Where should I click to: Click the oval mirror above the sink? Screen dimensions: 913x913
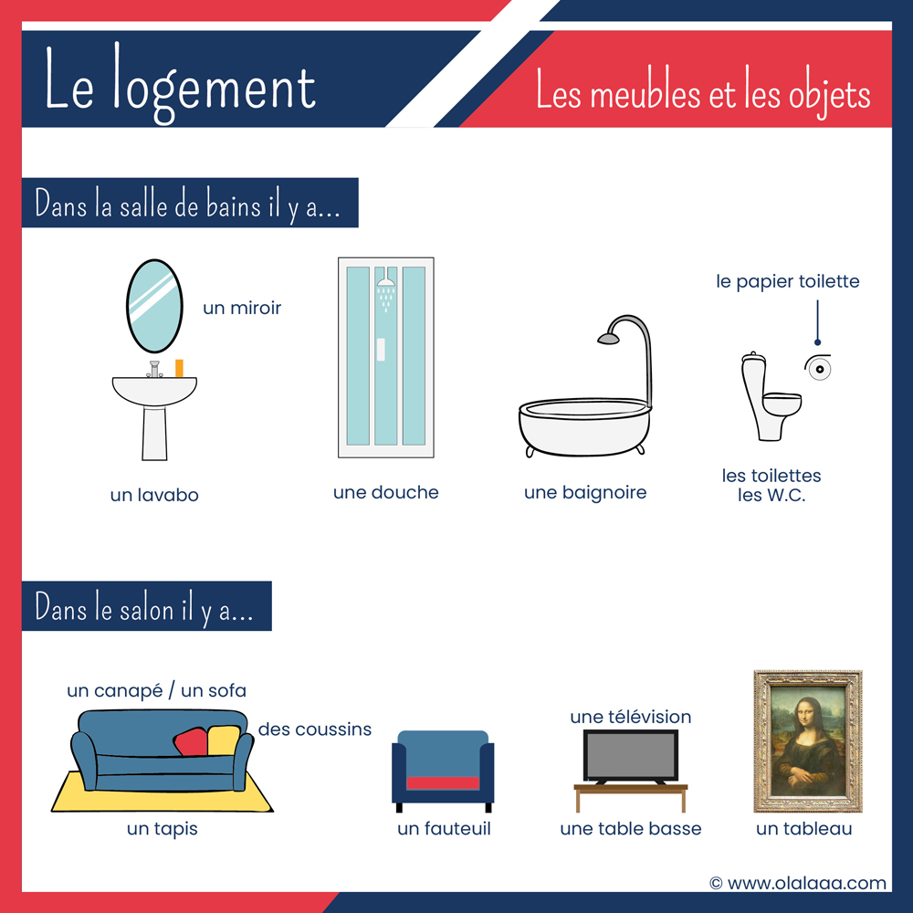pos(154,306)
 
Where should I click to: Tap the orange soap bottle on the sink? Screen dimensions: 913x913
pos(179,368)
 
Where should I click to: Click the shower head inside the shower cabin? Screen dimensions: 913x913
pos(385,280)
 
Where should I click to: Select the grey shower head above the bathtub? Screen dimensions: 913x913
pos(609,339)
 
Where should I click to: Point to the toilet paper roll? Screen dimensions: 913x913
pos(819,368)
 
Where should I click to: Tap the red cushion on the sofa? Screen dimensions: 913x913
pos(191,741)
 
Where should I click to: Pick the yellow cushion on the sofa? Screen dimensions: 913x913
pos(224,740)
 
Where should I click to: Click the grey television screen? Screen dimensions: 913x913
pos(631,755)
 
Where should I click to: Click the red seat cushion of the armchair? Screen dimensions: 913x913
pos(443,782)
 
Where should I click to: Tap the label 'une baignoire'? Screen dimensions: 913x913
pos(585,493)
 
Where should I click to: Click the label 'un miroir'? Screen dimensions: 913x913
pos(242,308)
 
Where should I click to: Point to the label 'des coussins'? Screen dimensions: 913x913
pos(314,729)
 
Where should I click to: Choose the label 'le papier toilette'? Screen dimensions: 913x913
pos(788,282)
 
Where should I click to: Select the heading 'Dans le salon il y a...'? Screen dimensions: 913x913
pos(144,608)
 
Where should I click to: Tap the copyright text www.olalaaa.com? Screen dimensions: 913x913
pos(798,883)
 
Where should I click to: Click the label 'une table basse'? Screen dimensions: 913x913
pos(631,829)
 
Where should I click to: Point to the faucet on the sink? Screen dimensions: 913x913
pos(154,369)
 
